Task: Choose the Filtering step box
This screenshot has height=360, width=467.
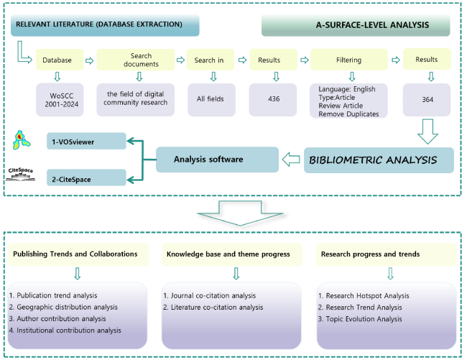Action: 351,60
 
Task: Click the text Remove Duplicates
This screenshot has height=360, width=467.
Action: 348,114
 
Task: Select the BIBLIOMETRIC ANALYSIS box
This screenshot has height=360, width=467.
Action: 379,160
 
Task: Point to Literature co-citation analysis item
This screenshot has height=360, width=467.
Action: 213,308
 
